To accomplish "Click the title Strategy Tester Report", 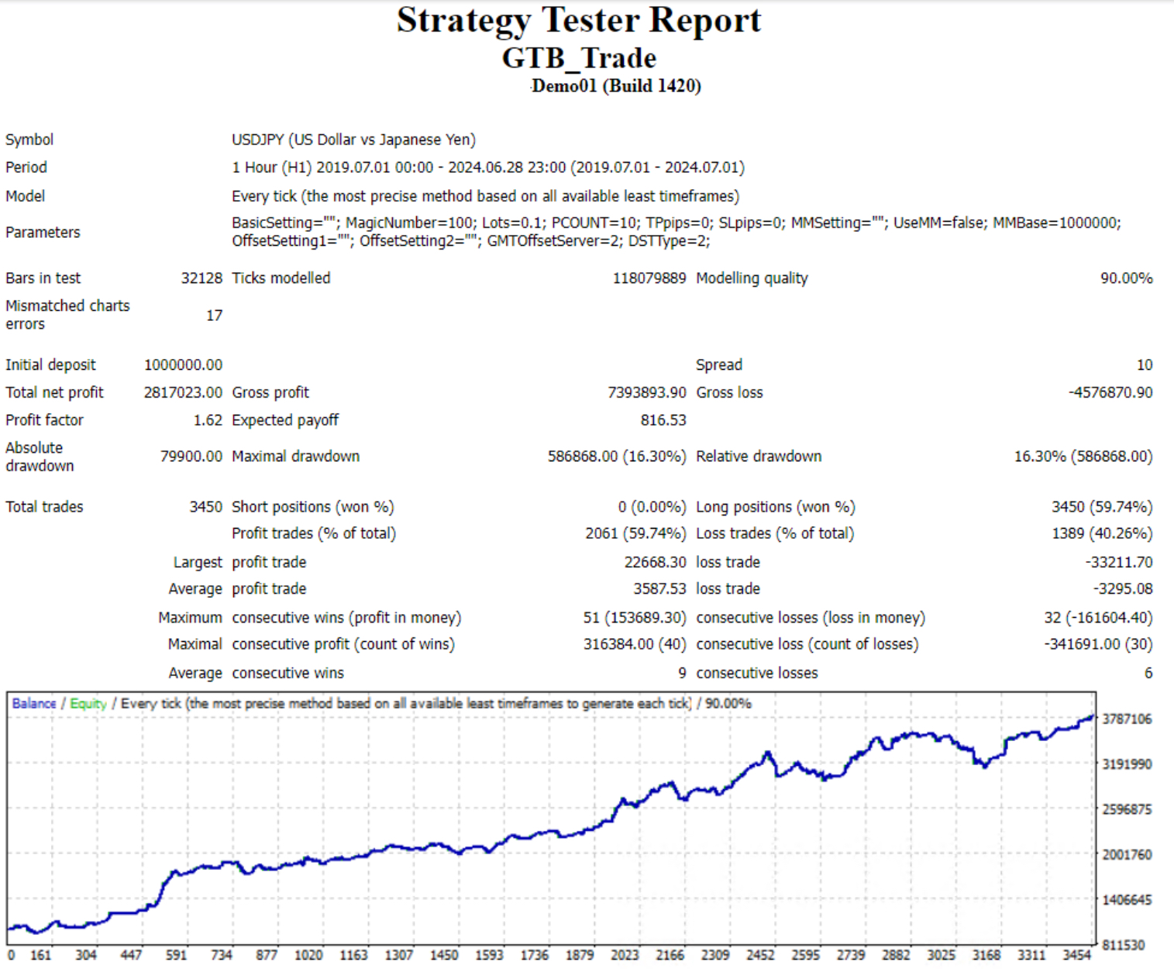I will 579,21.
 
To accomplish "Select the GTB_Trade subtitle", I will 579,58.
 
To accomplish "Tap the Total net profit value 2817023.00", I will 183,392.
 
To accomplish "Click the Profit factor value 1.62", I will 208,420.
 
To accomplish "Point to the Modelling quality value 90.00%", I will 1126,278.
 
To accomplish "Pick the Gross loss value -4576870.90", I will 1110,392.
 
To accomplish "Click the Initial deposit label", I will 50,364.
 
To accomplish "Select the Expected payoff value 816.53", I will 663,420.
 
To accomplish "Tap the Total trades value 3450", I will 205,507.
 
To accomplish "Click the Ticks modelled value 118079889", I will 649,278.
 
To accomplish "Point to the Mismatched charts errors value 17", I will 214,316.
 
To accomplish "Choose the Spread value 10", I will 1144,364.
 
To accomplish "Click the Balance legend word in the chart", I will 34,703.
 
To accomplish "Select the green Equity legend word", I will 88,703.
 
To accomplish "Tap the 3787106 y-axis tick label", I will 1127,719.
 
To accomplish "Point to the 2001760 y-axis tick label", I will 1127,855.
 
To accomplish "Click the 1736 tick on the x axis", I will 534,955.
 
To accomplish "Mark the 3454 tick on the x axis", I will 1076,955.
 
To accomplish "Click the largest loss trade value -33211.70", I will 1119,562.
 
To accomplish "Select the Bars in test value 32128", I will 201,278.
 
